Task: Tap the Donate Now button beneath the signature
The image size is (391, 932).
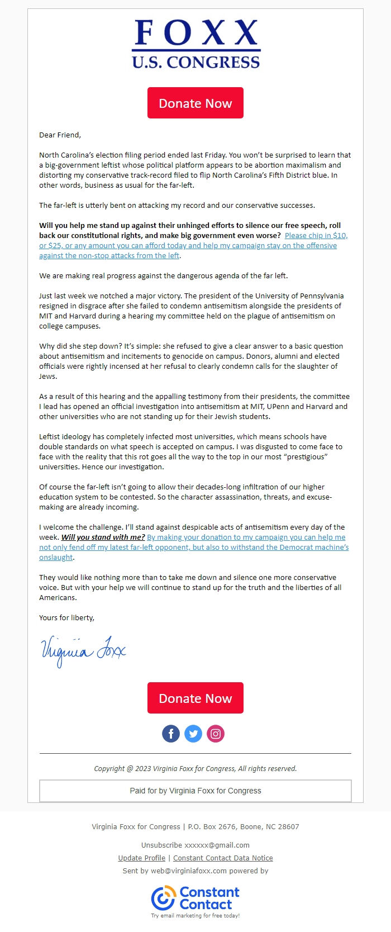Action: tap(195, 698)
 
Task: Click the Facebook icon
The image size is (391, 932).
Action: tap(171, 734)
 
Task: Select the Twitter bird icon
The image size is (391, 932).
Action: tap(193, 734)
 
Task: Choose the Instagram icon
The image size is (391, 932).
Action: tap(216, 734)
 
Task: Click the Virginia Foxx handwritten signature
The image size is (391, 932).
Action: tap(83, 650)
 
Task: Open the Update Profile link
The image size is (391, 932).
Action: tap(142, 858)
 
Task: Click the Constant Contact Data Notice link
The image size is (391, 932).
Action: tap(223, 858)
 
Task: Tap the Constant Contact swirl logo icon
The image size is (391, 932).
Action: tap(163, 898)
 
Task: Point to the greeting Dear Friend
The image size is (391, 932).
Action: tap(60, 135)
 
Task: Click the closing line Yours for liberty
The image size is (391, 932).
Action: tap(66, 617)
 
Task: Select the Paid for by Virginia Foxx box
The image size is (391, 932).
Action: tap(195, 791)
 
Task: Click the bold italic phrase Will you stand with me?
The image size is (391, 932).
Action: tap(103, 537)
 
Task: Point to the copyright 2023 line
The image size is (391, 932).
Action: tap(195, 768)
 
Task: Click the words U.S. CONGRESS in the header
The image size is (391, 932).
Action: tap(195, 62)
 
